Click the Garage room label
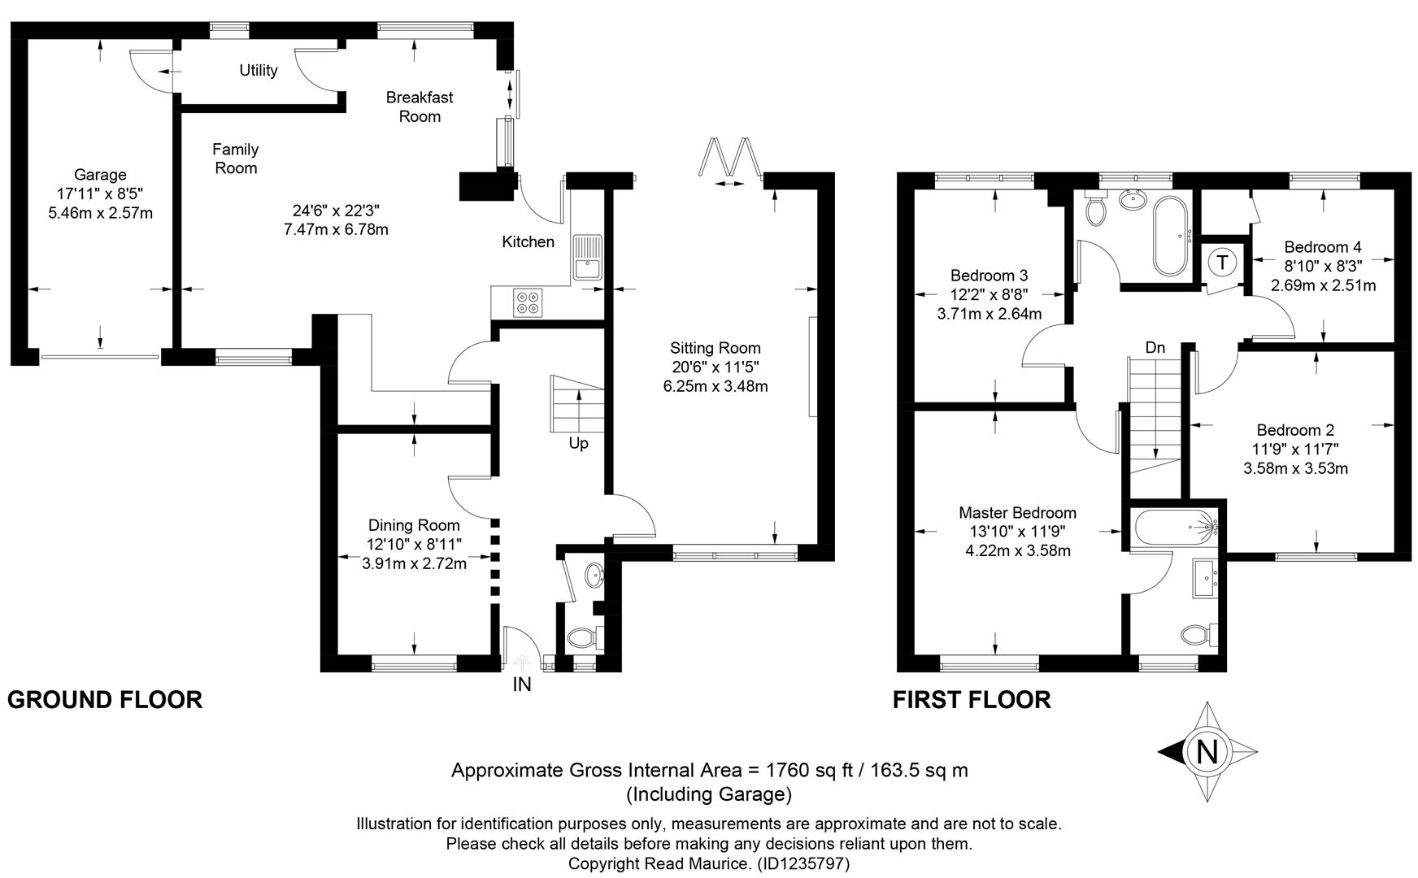100,175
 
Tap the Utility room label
259,71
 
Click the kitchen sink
585,257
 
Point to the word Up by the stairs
578,444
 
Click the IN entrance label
522,685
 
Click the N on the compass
1208,752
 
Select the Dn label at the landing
1155,348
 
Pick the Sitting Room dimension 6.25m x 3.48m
716,386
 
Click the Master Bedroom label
1017,513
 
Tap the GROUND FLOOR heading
105,700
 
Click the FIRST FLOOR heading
972,700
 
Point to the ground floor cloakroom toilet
583,637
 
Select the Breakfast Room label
420,106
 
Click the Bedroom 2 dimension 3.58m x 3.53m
1296,468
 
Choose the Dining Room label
414,526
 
